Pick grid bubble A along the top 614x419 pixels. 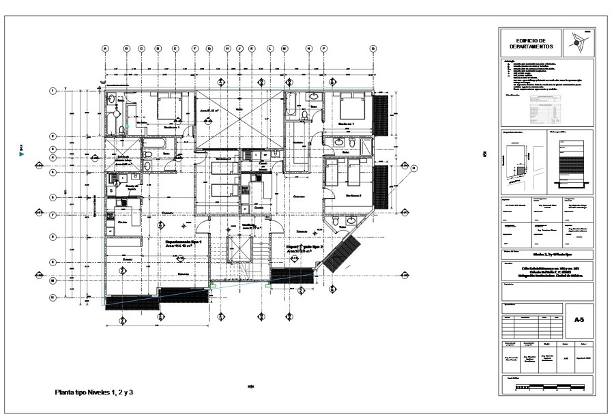106,48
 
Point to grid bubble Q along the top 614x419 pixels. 373,48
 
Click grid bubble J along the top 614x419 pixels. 239,48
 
